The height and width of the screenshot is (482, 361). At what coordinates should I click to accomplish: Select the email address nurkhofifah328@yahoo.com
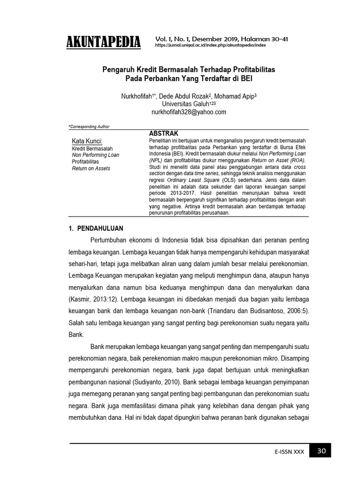188,112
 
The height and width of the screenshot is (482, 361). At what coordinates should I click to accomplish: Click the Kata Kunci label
87,141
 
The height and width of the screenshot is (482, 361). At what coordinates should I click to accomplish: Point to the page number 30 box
321,451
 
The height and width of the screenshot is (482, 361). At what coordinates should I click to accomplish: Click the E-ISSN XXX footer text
290,452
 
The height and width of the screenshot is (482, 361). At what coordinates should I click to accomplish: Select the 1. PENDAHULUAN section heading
96,228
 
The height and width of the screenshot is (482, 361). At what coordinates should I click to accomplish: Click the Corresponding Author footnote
89,127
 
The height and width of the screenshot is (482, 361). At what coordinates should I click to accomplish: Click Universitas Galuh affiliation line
187,104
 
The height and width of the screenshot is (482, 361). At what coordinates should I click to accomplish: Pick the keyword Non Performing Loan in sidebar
95,155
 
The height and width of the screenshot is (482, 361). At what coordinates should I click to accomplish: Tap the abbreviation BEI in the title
246,79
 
